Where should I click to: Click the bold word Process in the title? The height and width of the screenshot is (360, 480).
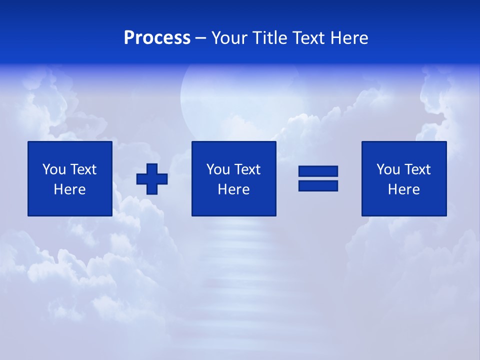click(157, 38)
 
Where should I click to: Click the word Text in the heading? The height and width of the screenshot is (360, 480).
click(308, 38)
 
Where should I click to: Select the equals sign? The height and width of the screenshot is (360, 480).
click(318, 178)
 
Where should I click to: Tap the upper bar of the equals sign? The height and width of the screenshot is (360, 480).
click(318, 171)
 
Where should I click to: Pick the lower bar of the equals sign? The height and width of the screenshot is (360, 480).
click(318, 185)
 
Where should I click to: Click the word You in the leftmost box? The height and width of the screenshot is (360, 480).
click(53, 169)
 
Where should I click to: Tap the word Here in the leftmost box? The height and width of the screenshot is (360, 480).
click(70, 189)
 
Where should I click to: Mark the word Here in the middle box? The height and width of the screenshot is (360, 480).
click(234, 189)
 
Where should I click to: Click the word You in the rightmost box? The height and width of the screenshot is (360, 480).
click(387, 169)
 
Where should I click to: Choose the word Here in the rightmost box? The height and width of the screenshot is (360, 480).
click(404, 189)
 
